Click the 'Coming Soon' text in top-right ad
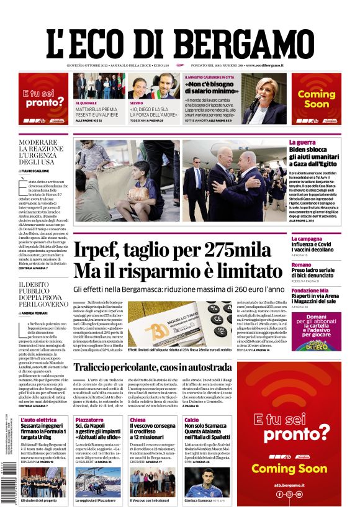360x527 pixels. click(316, 99)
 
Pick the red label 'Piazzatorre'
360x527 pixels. click(89, 420)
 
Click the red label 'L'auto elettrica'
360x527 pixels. click(38, 420)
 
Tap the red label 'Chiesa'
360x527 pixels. click(138, 420)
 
